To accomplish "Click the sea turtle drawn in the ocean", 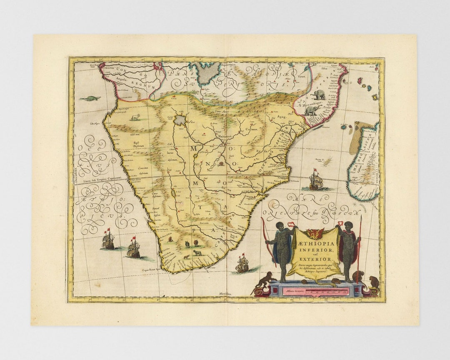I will pyautogui.click(x=90, y=99).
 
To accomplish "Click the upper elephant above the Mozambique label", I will pyautogui.click(x=319, y=94).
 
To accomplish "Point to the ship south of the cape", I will pyautogui.click(x=242, y=264).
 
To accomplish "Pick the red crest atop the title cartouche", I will pyautogui.click(x=315, y=233).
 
